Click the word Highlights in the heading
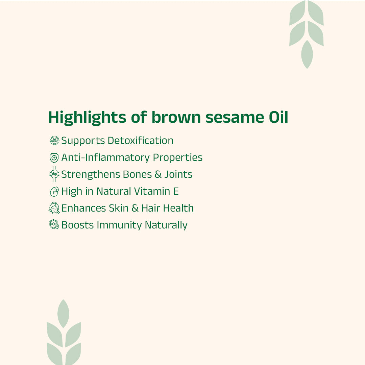[x=87, y=118]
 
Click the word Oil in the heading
[x=276, y=118]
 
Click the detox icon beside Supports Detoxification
[x=54, y=141]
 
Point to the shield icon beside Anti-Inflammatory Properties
[x=54, y=158]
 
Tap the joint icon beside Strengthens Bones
[x=54, y=174]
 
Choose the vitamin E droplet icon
[x=54, y=192]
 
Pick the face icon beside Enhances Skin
[x=54, y=208]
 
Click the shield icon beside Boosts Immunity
[x=54, y=225]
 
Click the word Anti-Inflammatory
[x=105, y=158]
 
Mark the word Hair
[x=151, y=208]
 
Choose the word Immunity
[x=119, y=225]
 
